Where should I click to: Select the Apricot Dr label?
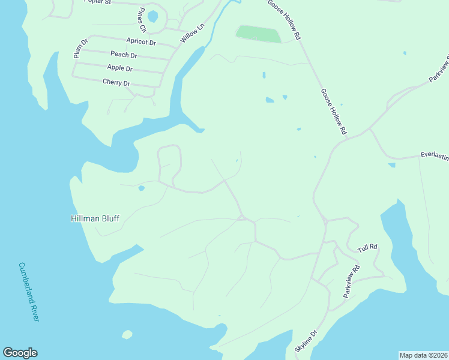[x=141, y=42]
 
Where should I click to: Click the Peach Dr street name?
[x=124, y=55]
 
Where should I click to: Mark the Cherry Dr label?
[x=116, y=82]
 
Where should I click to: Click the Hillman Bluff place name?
[x=95, y=219]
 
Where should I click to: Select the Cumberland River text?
[x=28, y=292]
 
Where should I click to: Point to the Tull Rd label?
[x=367, y=247]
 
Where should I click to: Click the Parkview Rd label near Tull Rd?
[x=351, y=281]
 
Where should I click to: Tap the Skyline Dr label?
[x=304, y=341]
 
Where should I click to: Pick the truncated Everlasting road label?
[x=434, y=154]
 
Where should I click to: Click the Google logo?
[x=20, y=353]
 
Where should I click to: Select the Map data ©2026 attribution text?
[x=423, y=355]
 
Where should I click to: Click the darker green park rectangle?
[x=258, y=34]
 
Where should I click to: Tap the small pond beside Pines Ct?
[x=153, y=16]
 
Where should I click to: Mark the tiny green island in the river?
[x=127, y=334]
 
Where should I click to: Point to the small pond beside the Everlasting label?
[x=391, y=164]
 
